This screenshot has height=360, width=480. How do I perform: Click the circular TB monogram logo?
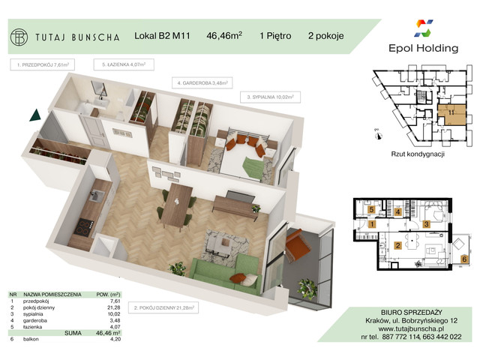click(x=20, y=34)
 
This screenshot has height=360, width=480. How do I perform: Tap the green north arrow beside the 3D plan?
click(x=34, y=115)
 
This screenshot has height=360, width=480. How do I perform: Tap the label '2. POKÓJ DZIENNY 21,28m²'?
click(x=163, y=307)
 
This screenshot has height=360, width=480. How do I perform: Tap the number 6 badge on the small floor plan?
click(x=464, y=259)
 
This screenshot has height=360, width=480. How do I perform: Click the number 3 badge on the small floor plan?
click(x=425, y=223)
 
